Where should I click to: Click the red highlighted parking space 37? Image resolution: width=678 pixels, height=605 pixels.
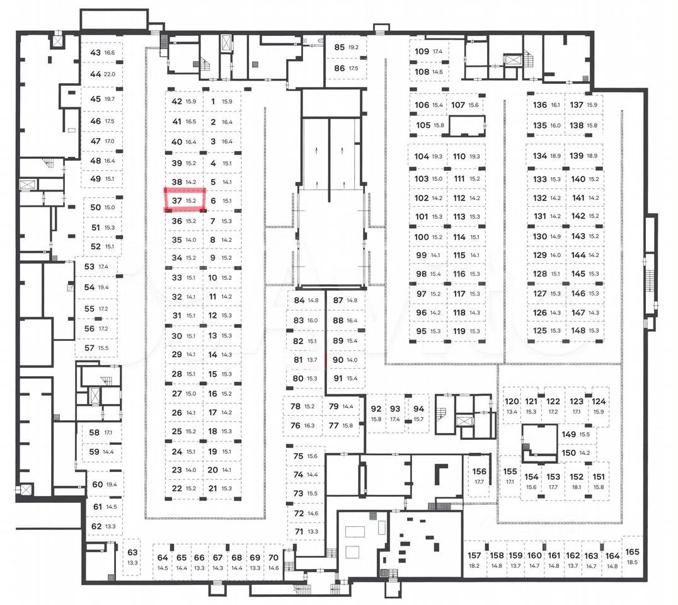[x=185, y=200]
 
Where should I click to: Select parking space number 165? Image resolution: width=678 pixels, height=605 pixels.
[x=633, y=556]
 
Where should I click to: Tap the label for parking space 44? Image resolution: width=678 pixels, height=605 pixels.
[x=96, y=74]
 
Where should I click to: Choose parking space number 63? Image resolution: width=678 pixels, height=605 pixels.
[x=132, y=556]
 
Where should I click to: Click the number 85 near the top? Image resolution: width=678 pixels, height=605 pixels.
[x=340, y=47]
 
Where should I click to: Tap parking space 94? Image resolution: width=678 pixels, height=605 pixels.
[x=419, y=413]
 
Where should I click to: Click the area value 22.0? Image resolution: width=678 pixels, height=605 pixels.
[x=110, y=74]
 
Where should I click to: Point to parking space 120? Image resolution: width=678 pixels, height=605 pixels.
[x=512, y=406]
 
